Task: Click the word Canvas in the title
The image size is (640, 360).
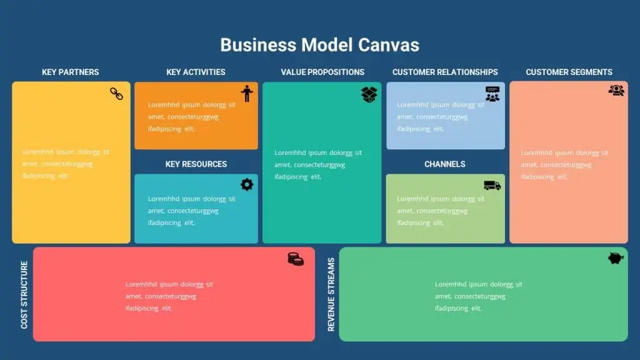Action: pos(389,45)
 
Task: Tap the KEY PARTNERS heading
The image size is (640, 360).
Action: pos(70,72)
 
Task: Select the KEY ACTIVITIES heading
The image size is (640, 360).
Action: pos(196,72)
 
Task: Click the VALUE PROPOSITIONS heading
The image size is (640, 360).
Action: pos(322,72)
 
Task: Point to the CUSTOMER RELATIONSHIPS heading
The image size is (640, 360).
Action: pos(445,72)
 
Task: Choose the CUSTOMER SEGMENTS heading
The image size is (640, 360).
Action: pos(569,72)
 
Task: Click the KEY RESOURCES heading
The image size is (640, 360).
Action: pos(196,164)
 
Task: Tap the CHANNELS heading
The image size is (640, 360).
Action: pos(444,164)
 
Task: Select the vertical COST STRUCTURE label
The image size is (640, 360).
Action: pos(24,295)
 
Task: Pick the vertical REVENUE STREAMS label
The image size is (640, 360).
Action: pos(331,294)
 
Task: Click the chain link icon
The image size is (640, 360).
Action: pos(116,94)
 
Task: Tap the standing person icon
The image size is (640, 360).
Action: pos(246,94)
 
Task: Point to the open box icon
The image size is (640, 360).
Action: pos(369,95)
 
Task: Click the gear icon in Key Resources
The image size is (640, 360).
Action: pos(247,184)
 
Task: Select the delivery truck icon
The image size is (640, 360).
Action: pos(492,186)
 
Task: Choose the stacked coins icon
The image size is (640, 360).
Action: pos(296,259)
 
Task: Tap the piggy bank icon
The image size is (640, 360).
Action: pos(616,258)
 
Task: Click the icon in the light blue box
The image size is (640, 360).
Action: pos(492,94)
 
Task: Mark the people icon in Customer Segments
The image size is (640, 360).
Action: pos(616,90)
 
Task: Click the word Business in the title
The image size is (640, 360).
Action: pos(258,45)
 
